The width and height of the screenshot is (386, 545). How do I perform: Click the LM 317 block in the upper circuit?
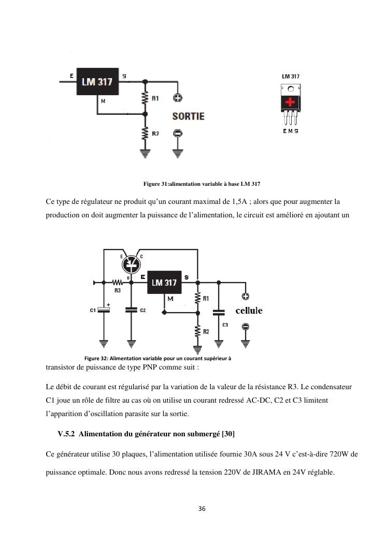pos(98,82)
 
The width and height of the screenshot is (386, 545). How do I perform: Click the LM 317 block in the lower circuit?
pos(164,283)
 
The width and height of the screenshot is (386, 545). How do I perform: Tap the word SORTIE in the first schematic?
pos(188,116)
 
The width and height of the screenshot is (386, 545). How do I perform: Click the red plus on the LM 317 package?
pos(291,102)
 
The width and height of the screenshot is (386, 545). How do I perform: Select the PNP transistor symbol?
pos(131,264)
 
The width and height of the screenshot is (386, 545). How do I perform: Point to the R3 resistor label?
pos(118,291)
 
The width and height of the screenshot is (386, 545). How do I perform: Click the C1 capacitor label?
pos(93,311)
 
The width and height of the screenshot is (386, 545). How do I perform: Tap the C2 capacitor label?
pos(142,311)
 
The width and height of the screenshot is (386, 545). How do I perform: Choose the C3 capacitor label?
pos(225,325)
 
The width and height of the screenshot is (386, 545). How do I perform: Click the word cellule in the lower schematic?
pos(249,311)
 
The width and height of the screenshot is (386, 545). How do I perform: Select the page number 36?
pos(202,509)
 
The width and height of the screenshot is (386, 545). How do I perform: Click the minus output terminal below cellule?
pos(246,327)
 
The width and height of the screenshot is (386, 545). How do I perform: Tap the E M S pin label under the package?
pos(290,131)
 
